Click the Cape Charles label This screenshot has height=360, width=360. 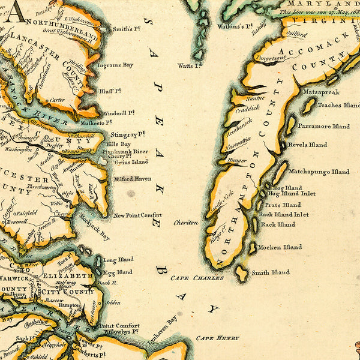197,278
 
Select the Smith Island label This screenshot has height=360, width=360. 271,272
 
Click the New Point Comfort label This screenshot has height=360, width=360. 137,215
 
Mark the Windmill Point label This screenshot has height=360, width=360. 119,112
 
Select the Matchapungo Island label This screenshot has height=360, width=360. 319,172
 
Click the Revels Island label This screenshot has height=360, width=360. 307,145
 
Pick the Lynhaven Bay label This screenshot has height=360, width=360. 163,321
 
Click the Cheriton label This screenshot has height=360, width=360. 185,223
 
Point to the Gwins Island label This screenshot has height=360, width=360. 131,162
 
